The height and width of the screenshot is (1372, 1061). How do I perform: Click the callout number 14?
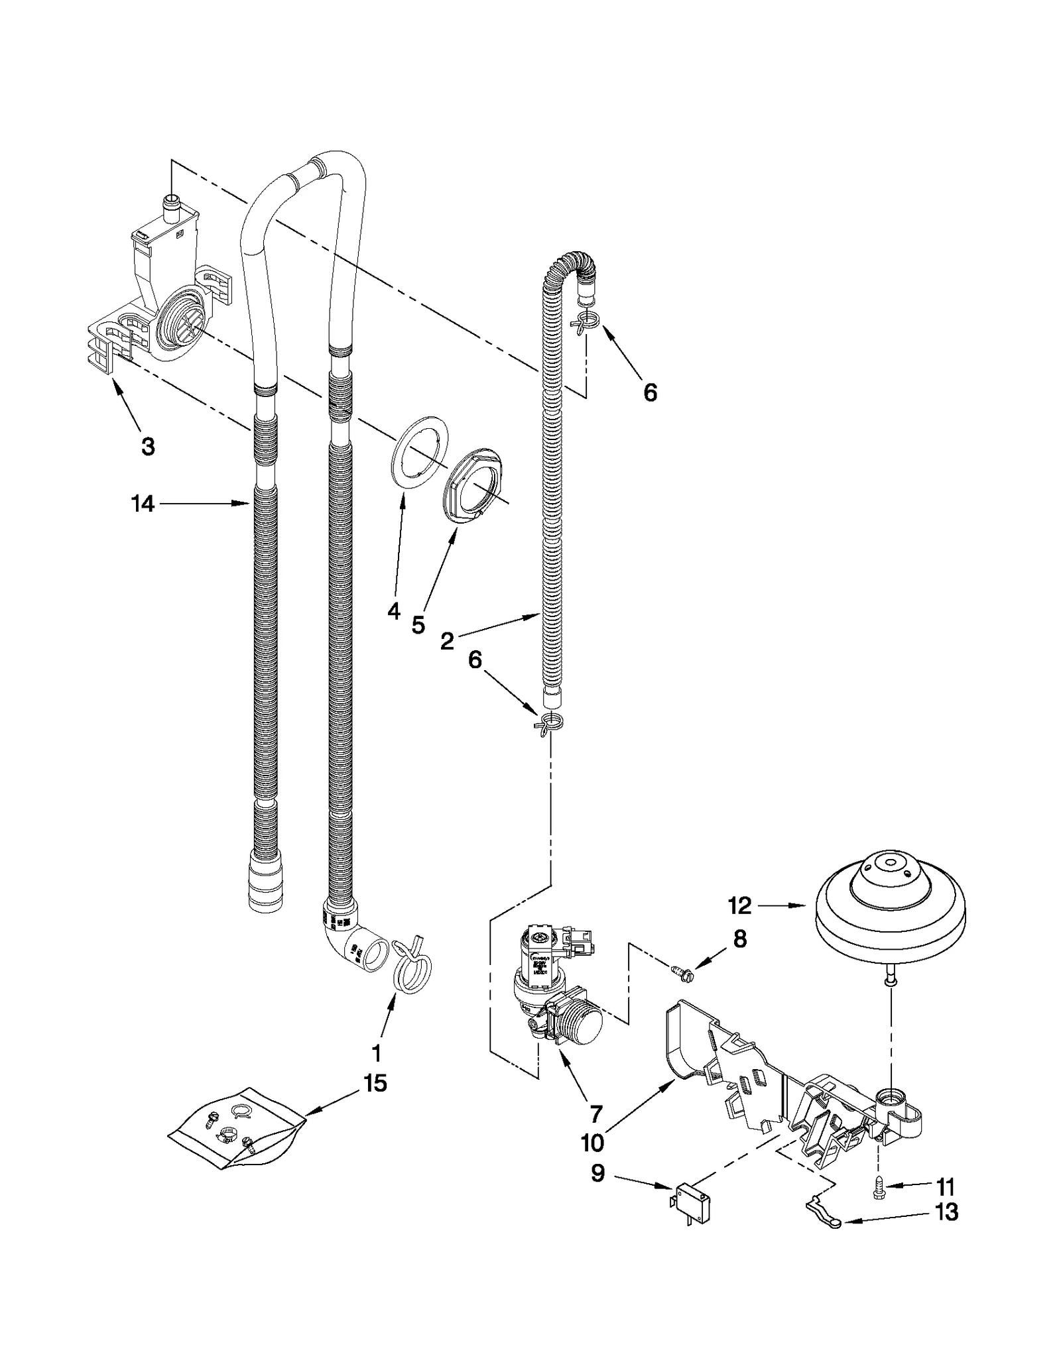coord(143,504)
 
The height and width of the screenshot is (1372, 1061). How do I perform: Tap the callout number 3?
coord(148,446)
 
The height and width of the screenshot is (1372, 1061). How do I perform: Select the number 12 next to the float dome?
coord(740,905)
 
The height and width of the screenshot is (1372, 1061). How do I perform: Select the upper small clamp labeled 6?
coord(583,321)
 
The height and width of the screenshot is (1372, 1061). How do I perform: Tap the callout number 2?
coord(448,640)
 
